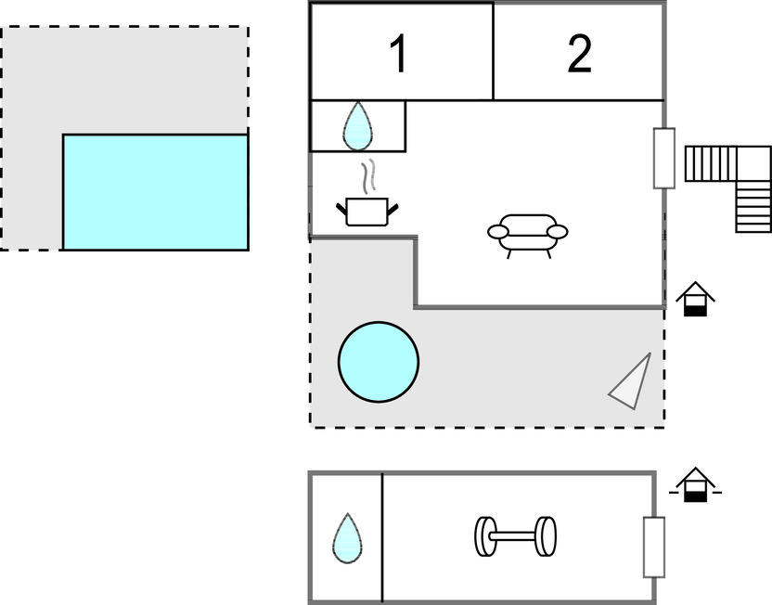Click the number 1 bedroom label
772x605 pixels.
tap(398, 54)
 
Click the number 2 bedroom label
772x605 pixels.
tap(579, 54)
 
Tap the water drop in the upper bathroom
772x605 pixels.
tap(357, 126)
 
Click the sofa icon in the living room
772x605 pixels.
tap(527, 234)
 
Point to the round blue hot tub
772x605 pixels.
tap(378, 362)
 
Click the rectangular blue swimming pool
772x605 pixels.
tap(155, 192)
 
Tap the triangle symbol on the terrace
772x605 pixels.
tap(632, 382)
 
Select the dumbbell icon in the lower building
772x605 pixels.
tap(516, 536)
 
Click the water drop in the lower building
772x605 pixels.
tap(347, 537)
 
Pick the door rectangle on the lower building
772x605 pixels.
tap(654, 547)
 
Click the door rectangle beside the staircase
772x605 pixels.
tap(663, 158)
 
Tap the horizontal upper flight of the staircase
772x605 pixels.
tap(710, 163)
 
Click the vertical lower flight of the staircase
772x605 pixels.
tap(753, 205)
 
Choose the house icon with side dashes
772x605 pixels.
tap(694, 485)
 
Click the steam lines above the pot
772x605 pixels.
tap(369, 174)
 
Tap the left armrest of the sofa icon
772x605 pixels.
tap(497, 231)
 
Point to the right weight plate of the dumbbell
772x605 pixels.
tap(547, 536)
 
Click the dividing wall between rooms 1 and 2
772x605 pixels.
tap(493, 51)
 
